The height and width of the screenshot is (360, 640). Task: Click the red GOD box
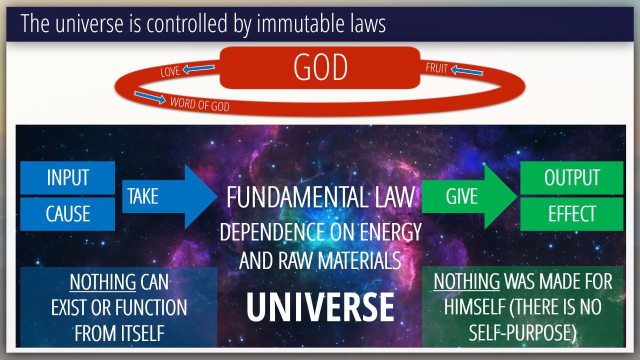(320, 67)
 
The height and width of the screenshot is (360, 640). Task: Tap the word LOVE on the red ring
(170, 71)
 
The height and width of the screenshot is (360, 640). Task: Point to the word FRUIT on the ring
(436, 68)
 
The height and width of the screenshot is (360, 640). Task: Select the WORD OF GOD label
(199, 104)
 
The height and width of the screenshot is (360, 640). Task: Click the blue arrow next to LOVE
(198, 68)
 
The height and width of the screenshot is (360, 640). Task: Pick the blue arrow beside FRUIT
(467, 70)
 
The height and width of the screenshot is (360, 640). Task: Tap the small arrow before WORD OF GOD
(149, 97)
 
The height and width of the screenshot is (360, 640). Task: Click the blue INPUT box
(67, 177)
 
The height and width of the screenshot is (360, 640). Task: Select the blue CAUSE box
(67, 214)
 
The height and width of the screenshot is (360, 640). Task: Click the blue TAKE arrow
(169, 196)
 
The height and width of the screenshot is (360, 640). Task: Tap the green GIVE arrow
(469, 196)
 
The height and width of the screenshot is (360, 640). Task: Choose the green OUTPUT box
(571, 177)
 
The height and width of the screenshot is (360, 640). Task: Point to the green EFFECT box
(571, 214)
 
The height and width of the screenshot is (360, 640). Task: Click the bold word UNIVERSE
(320, 307)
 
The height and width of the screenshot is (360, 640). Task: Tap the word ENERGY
(390, 232)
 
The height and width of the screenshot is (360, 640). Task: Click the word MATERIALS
(359, 260)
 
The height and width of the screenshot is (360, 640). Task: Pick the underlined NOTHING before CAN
(103, 282)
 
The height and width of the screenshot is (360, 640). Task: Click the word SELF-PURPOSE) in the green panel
(522, 333)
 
